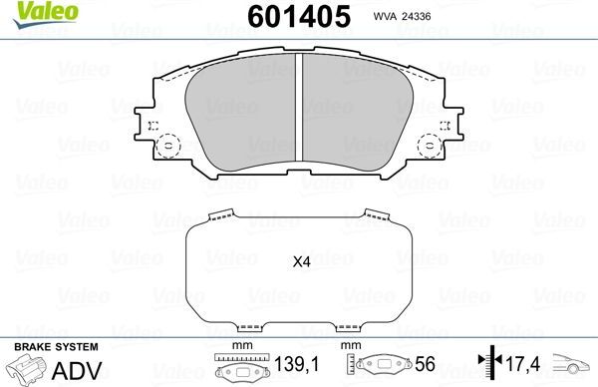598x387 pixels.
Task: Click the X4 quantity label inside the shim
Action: coord(301,263)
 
